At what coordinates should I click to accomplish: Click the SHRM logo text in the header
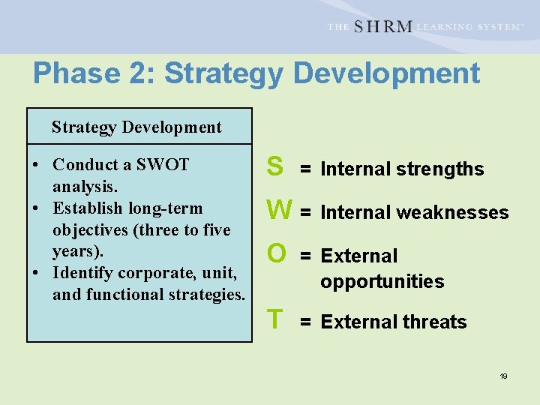[382, 27]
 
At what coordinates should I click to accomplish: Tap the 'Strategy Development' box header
[136, 127]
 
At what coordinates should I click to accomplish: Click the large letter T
[275, 319]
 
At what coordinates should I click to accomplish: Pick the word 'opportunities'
[382, 282]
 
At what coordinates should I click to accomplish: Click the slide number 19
[503, 376]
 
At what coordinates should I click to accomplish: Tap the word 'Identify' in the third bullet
[81, 273]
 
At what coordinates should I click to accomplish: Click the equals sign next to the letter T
[305, 322]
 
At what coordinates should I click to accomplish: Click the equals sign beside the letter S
[305, 169]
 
